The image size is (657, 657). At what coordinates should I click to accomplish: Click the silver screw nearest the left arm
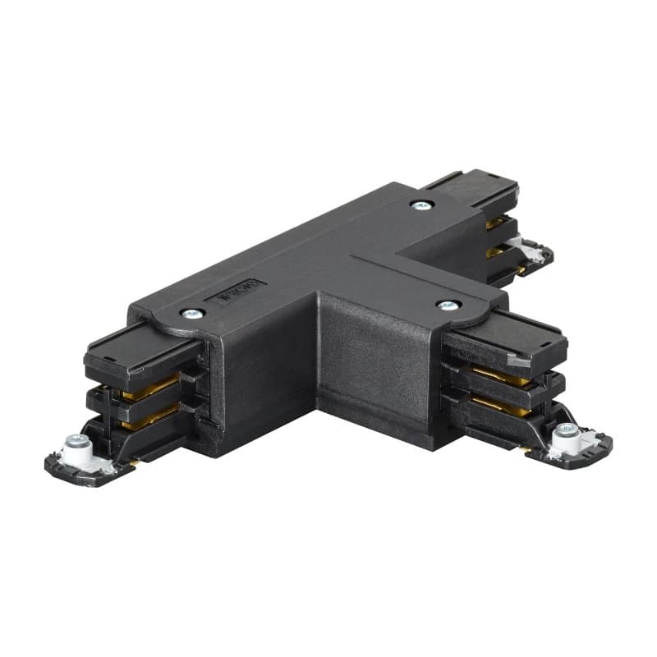coord(191,314)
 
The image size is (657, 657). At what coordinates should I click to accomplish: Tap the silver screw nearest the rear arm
coord(420,205)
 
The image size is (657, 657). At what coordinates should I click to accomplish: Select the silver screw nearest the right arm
coord(446,306)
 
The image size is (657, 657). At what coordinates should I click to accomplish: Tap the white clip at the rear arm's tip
coord(521,243)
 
